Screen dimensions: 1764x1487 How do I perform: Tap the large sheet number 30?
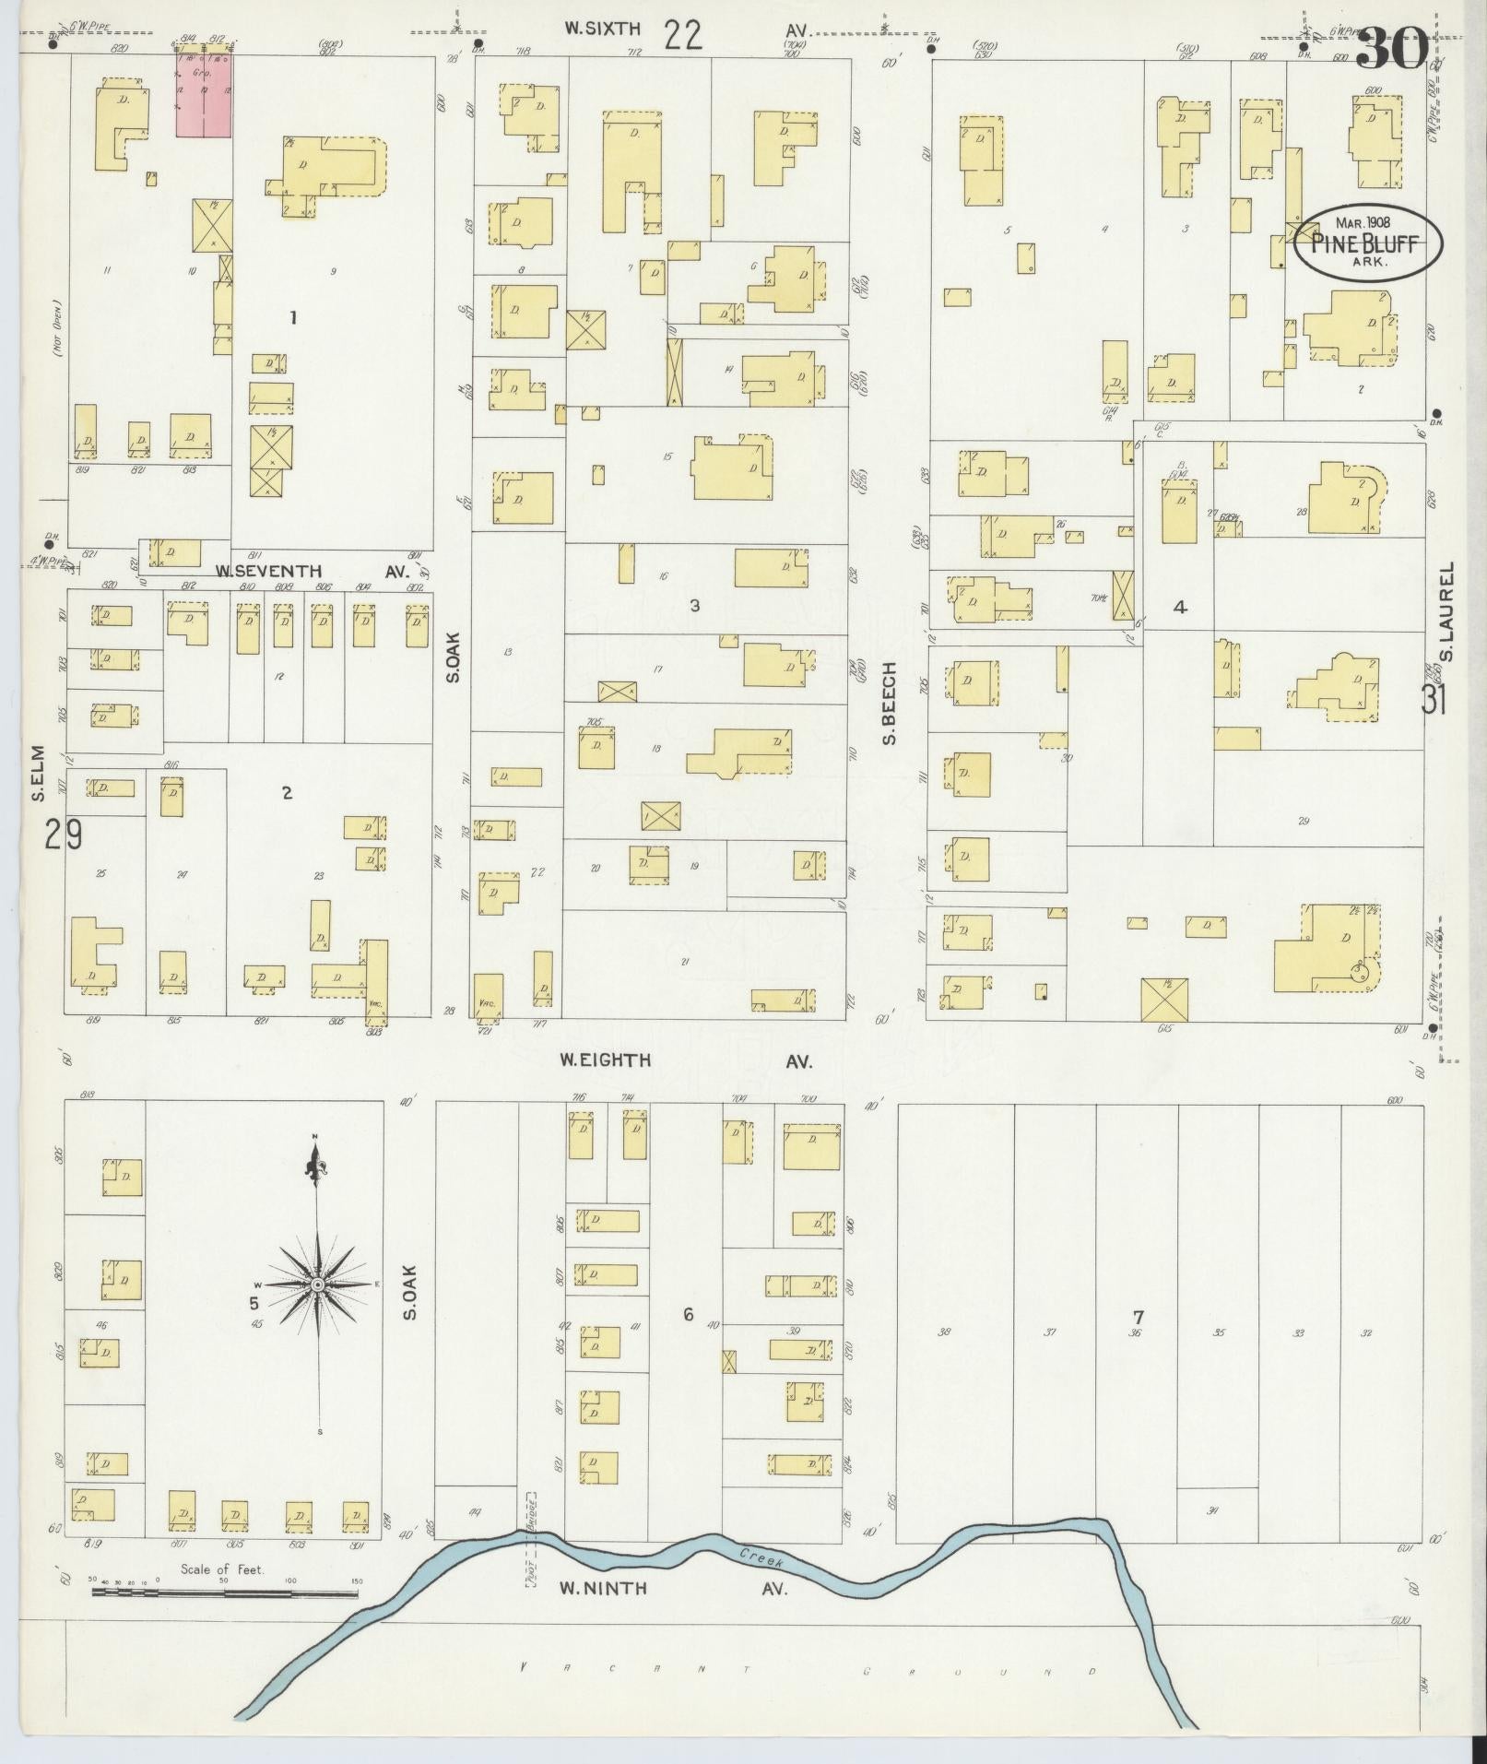pos(1392,48)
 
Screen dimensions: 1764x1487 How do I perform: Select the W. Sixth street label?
pos(602,30)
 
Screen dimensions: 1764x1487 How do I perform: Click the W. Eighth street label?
pos(606,1060)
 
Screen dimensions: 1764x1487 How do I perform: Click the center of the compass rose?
pos(317,1285)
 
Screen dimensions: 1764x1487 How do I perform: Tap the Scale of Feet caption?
pos(222,1569)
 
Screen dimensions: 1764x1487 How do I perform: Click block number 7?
pos(1139,1316)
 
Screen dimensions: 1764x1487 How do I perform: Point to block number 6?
pos(688,1316)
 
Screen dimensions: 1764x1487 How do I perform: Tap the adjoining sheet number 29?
pos(61,835)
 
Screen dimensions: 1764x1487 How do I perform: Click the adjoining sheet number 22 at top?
pos(682,35)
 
